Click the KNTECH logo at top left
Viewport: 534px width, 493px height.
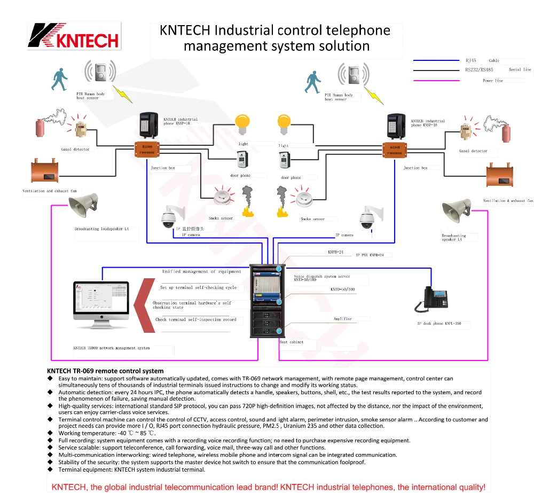pos(74,36)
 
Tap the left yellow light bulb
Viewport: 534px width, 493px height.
pos(244,124)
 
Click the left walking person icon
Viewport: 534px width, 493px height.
pos(60,79)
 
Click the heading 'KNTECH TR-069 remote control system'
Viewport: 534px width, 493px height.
pos(105,371)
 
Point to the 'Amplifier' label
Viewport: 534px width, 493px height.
pos(343,319)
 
